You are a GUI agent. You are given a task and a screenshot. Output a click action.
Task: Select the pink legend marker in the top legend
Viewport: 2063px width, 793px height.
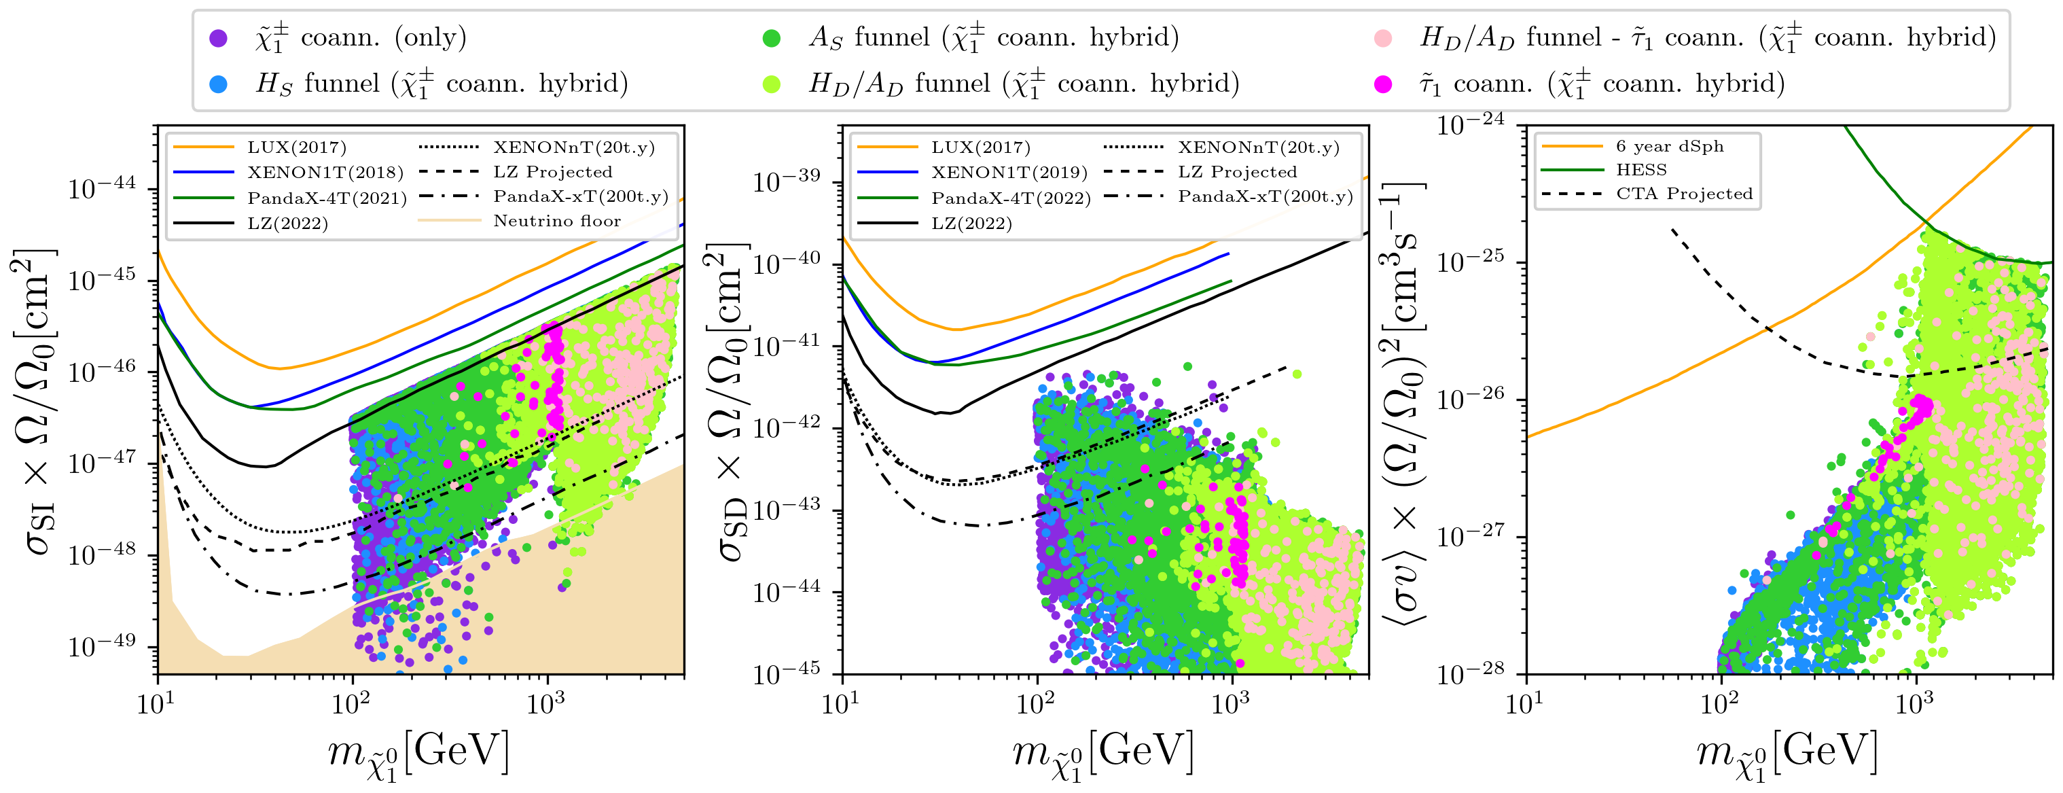[1383, 37]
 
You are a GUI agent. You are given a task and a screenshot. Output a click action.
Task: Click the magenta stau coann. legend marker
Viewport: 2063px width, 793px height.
[1383, 84]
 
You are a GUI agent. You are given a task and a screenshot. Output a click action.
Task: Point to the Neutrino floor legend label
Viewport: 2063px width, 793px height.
[556, 221]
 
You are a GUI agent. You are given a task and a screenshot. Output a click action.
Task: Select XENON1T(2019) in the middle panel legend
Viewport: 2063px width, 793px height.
[1009, 172]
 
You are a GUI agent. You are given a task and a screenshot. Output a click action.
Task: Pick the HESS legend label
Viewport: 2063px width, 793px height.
[1641, 170]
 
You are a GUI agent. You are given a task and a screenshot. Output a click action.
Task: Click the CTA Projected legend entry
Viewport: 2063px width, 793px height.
[1684, 194]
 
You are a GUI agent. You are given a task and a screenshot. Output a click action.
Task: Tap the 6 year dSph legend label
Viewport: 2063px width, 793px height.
[1670, 146]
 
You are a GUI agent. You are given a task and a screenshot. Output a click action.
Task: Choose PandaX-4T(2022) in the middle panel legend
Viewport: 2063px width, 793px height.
[1011, 198]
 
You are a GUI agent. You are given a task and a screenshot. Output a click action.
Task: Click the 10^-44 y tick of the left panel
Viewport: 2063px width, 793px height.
[103, 188]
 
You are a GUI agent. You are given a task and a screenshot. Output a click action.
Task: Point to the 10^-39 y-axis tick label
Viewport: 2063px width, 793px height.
[787, 181]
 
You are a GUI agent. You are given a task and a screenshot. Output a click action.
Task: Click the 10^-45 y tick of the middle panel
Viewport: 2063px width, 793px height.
[787, 673]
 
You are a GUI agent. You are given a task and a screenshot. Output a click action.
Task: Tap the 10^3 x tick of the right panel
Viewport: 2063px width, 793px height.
[1915, 703]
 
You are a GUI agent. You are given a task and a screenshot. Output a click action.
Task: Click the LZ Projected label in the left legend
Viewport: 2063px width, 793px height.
[552, 172]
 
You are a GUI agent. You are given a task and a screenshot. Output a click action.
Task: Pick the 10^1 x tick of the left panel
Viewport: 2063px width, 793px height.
[157, 703]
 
